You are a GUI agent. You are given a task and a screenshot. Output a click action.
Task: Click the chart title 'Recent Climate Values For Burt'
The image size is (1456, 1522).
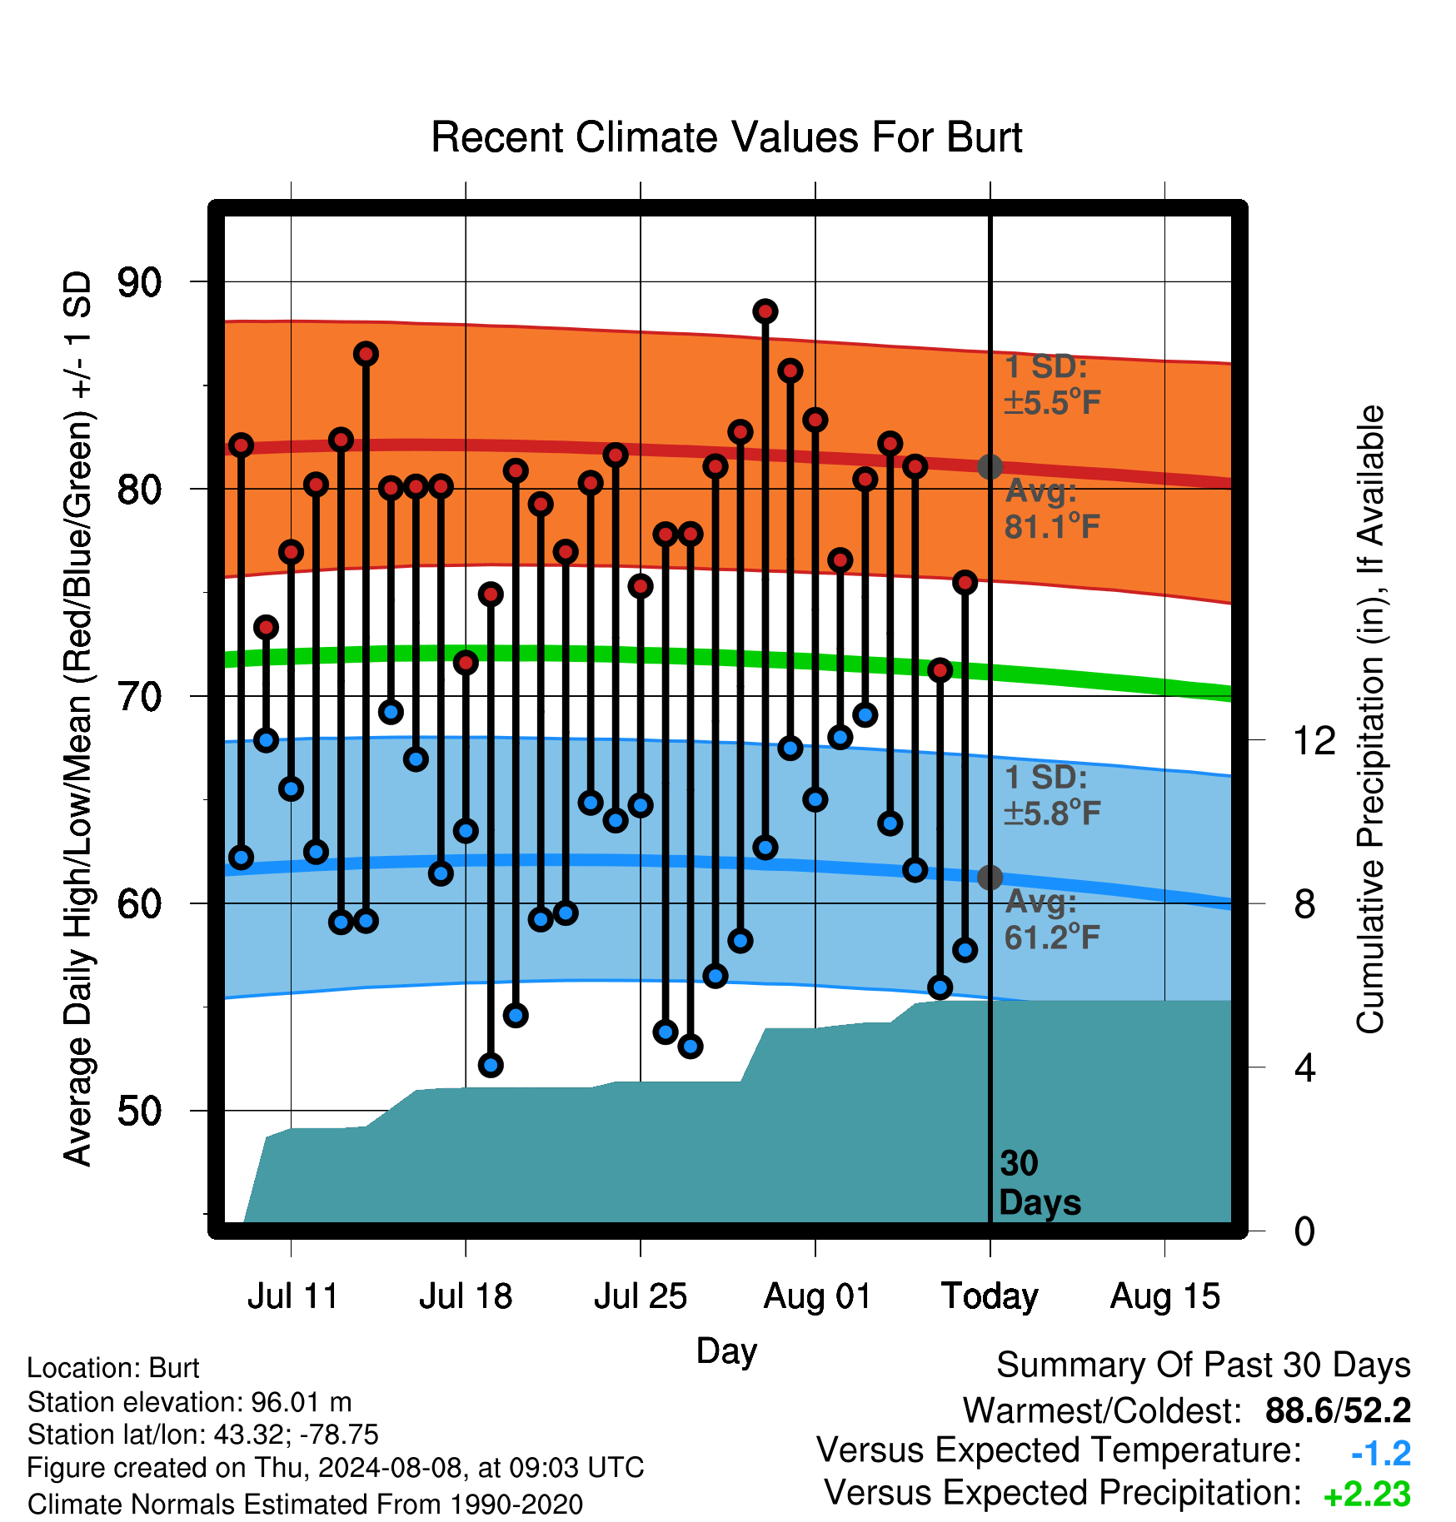[x=726, y=137]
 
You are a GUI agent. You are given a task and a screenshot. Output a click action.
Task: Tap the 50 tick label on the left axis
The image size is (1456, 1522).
[x=139, y=1111]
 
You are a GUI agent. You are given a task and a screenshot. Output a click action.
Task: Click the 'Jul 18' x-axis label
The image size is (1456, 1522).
[x=466, y=1296]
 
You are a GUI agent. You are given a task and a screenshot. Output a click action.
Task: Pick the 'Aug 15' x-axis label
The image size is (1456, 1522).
[x=1164, y=1296]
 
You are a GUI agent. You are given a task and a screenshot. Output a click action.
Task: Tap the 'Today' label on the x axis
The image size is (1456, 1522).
[x=990, y=1296]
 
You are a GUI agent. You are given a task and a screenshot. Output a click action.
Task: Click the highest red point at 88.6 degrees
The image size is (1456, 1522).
[x=765, y=311]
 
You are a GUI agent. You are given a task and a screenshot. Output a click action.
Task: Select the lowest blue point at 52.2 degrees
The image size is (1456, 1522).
[x=491, y=1065]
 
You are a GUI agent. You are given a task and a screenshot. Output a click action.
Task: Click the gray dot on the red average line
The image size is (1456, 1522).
[x=990, y=466]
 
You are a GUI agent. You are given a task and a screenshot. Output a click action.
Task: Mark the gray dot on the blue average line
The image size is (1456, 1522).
[x=990, y=877]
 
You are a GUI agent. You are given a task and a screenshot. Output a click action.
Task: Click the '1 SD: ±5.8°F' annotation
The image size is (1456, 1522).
[x=1052, y=795]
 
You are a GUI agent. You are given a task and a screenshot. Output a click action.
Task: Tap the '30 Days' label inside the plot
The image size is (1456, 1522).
[x=1040, y=1183]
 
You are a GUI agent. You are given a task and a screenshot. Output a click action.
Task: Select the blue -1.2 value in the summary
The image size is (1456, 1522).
[x=1381, y=1454]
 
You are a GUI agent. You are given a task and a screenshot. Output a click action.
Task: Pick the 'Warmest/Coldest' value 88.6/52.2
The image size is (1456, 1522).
[x=1338, y=1411]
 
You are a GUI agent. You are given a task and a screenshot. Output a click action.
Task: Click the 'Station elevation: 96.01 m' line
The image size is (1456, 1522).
[x=190, y=1402]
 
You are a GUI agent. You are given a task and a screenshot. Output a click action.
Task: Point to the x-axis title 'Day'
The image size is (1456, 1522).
[x=726, y=1350]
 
